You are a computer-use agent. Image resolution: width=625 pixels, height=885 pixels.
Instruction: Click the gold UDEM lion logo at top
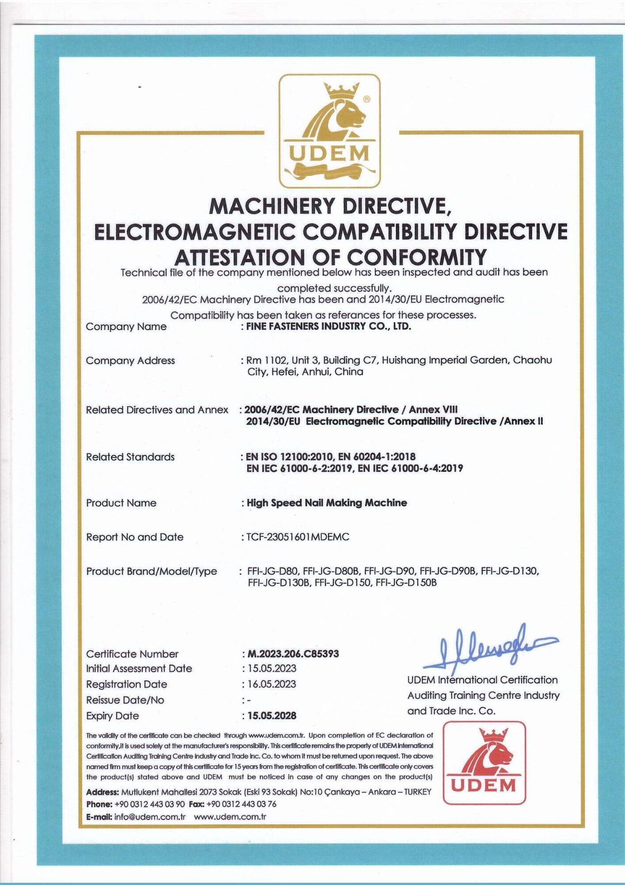(x=330, y=131)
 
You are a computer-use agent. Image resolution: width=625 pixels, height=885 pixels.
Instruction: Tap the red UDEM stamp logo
(x=484, y=762)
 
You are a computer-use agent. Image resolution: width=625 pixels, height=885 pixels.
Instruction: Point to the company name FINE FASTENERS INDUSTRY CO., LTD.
(x=329, y=327)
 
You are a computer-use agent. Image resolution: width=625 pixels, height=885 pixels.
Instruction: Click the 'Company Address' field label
(x=130, y=361)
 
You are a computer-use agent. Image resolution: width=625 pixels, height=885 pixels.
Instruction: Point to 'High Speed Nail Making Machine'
(x=327, y=503)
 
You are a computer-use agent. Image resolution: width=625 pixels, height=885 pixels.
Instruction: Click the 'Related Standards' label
(x=130, y=457)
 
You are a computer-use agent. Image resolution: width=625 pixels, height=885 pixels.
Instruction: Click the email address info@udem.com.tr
(x=149, y=817)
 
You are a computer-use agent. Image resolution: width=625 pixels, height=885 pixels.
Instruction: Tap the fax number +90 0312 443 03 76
(x=241, y=804)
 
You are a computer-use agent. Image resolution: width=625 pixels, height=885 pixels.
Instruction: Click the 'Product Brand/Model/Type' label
(x=152, y=571)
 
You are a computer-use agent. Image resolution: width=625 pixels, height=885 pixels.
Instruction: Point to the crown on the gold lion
(x=341, y=92)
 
